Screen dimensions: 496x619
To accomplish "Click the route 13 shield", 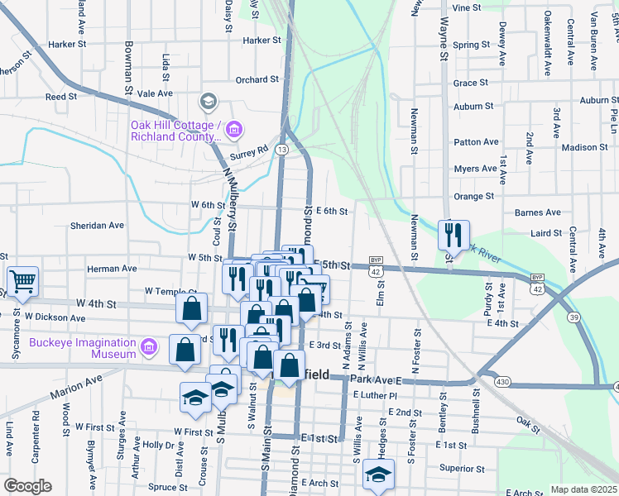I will point(282,149).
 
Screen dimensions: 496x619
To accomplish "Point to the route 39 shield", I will point(573,317).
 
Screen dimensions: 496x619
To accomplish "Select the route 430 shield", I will point(501,382).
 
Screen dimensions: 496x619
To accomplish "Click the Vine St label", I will point(467,7).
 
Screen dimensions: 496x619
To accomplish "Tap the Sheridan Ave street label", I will point(97,225).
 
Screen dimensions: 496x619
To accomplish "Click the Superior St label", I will point(463,468).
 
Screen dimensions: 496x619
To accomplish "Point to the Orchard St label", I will point(257,79).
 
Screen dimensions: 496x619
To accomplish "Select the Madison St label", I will point(584,147).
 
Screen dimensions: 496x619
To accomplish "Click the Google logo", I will point(27,486).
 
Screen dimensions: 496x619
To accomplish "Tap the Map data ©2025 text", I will point(583,489).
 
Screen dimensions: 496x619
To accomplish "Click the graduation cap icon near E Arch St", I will point(378,475).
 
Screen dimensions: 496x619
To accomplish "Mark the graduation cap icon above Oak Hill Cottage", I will point(208,102).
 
